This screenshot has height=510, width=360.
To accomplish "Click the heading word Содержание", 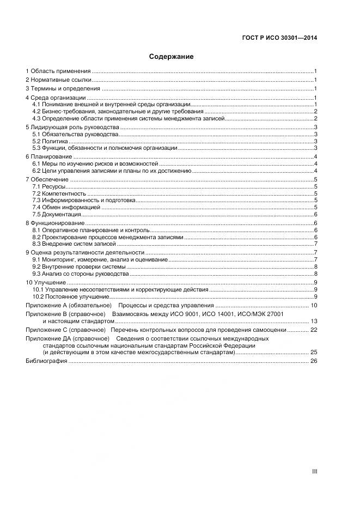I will [x=171, y=56].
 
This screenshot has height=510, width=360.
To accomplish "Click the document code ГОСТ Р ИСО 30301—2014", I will [x=279, y=38].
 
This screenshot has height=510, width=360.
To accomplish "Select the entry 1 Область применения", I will [x=58, y=71].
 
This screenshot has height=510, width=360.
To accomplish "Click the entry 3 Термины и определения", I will [x=63, y=89].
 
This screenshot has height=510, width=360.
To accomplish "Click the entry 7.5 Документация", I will [x=57, y=214].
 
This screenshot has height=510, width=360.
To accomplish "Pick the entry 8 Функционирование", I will [x=55, y=223].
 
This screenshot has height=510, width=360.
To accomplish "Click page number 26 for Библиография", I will [x=313, y=361].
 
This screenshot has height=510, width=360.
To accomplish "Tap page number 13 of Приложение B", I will [x=313, y=321].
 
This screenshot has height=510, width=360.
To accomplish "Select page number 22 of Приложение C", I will [x=313, y=330].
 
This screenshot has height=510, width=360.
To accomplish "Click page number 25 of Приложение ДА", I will [x=313, y=353].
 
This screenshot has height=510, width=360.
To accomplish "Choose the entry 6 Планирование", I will [x=50, y=157].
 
